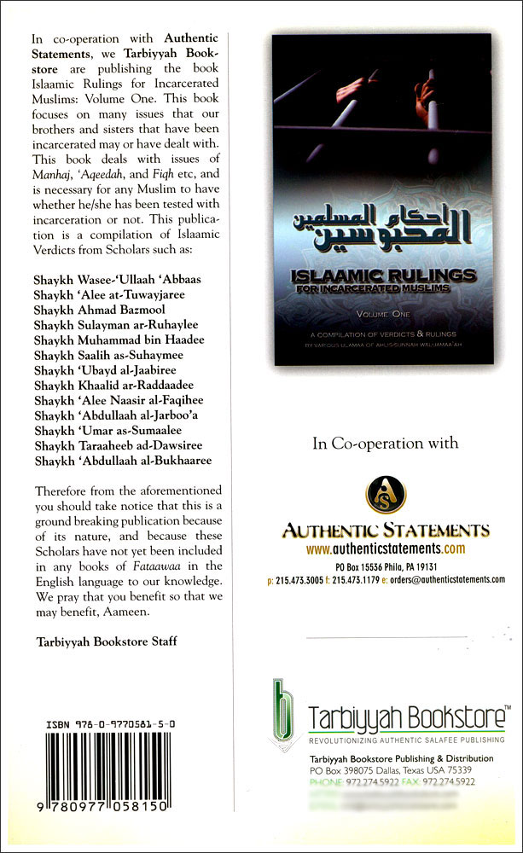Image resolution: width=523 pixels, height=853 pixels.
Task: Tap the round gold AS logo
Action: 386,496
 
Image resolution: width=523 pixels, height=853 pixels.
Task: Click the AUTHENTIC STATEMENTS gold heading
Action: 386,531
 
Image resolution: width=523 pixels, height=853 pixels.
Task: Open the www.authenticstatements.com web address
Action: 386,548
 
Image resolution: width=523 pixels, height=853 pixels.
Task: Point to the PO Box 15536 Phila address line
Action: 386,565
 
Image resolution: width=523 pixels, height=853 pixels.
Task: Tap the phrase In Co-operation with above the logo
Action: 386,443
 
